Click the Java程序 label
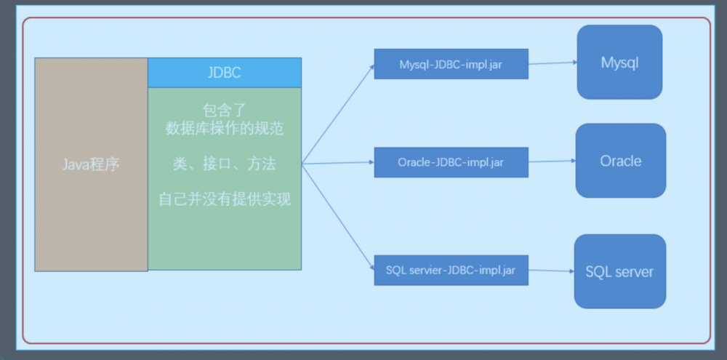(91, 164)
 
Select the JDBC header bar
(225, 73)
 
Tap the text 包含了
(225, 111)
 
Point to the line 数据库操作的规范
(225, 129)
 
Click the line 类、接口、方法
(225, 164)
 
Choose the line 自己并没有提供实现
(225, 199)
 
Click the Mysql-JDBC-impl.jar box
(451, 64)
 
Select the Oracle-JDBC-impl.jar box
(451, 162)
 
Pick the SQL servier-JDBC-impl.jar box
(451, 270)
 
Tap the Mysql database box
(619, 63)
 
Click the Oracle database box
(620, 161)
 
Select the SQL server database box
(619, 272)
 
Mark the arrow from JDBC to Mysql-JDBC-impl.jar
(338, 113)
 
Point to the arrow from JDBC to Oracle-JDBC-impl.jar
(338, 163)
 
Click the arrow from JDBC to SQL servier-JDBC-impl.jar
(338, 217)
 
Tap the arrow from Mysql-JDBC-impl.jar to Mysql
(553, 63)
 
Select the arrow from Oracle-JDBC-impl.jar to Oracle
(552, 161)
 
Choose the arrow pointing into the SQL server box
(551, 271)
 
